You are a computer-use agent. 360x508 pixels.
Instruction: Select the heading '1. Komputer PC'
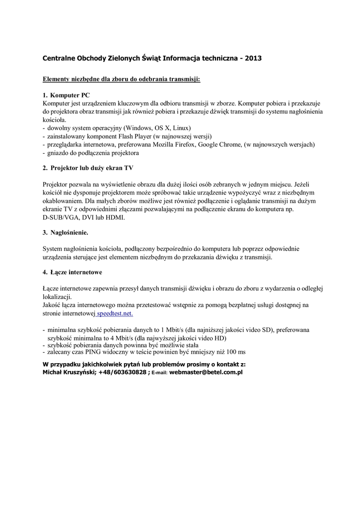click(x=66, y=95)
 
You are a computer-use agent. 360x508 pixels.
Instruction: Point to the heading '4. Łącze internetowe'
click(x=72, y=272)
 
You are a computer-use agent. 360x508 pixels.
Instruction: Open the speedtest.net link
click(x=115, y=314)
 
